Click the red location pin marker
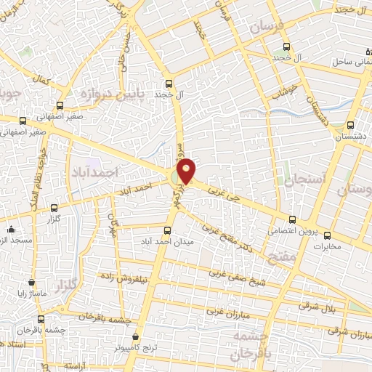point(187,171)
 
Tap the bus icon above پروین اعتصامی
point(292,219)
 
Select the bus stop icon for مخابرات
point(327,235)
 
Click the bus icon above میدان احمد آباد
point(168,230)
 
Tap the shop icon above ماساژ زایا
point(31,281)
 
